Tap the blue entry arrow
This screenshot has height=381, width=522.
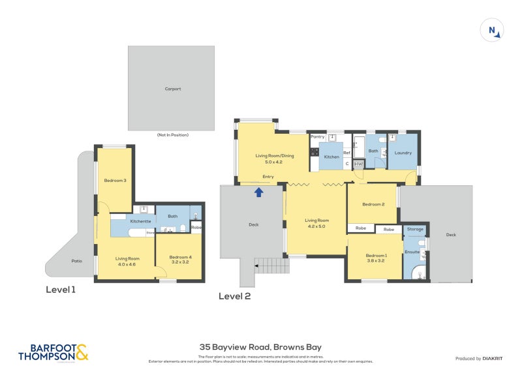(x=259, y=192)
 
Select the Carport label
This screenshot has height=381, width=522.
(x=172, y=89)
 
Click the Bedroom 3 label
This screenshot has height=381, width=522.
(x=115, y=180)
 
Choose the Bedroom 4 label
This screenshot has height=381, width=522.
(x=179, y=257)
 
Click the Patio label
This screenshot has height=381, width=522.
(x=77, y=261)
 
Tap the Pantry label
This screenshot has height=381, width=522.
(x=318, y=137)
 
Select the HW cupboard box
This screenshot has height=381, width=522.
(x=358, y=164)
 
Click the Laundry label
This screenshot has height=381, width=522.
(x=403, y=153)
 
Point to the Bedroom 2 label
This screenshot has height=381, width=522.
(x=374, y=205)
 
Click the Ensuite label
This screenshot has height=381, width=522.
(x=412, y=251)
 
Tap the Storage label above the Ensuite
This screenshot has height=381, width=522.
(x=415, y=229)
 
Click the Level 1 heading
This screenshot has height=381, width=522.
(x=61, y=289)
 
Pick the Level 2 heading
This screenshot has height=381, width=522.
(x=234, y=296)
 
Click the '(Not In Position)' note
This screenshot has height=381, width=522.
(x=172, y=135)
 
